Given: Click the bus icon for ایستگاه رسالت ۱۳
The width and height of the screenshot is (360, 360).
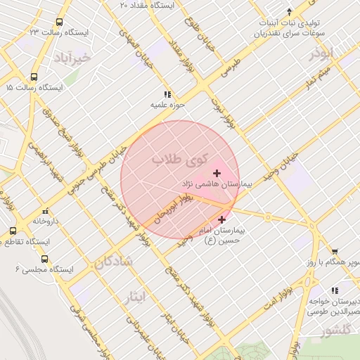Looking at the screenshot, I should tap(58, 22).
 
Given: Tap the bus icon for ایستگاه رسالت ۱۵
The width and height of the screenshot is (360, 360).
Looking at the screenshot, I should tap(34, 77).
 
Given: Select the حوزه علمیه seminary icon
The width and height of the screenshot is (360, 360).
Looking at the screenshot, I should tap(167, 94).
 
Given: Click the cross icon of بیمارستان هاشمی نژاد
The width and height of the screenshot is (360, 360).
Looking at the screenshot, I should tap(217, 173).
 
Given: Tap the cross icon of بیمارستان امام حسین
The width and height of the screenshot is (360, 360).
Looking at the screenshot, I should tap(223, 219).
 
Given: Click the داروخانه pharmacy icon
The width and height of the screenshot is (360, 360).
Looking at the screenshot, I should tap(46, 210).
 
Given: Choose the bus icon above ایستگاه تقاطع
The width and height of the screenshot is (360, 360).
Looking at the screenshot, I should tap(13, 231).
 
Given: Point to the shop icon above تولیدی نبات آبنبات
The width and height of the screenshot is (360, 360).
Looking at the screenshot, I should tap(289, 11).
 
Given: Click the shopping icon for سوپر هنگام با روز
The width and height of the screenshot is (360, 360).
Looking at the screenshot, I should tap(335, 251).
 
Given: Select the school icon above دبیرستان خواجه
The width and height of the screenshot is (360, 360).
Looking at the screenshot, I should tap(335, 290).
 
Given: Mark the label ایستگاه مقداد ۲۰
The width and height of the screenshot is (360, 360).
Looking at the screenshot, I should tap(149, 5).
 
